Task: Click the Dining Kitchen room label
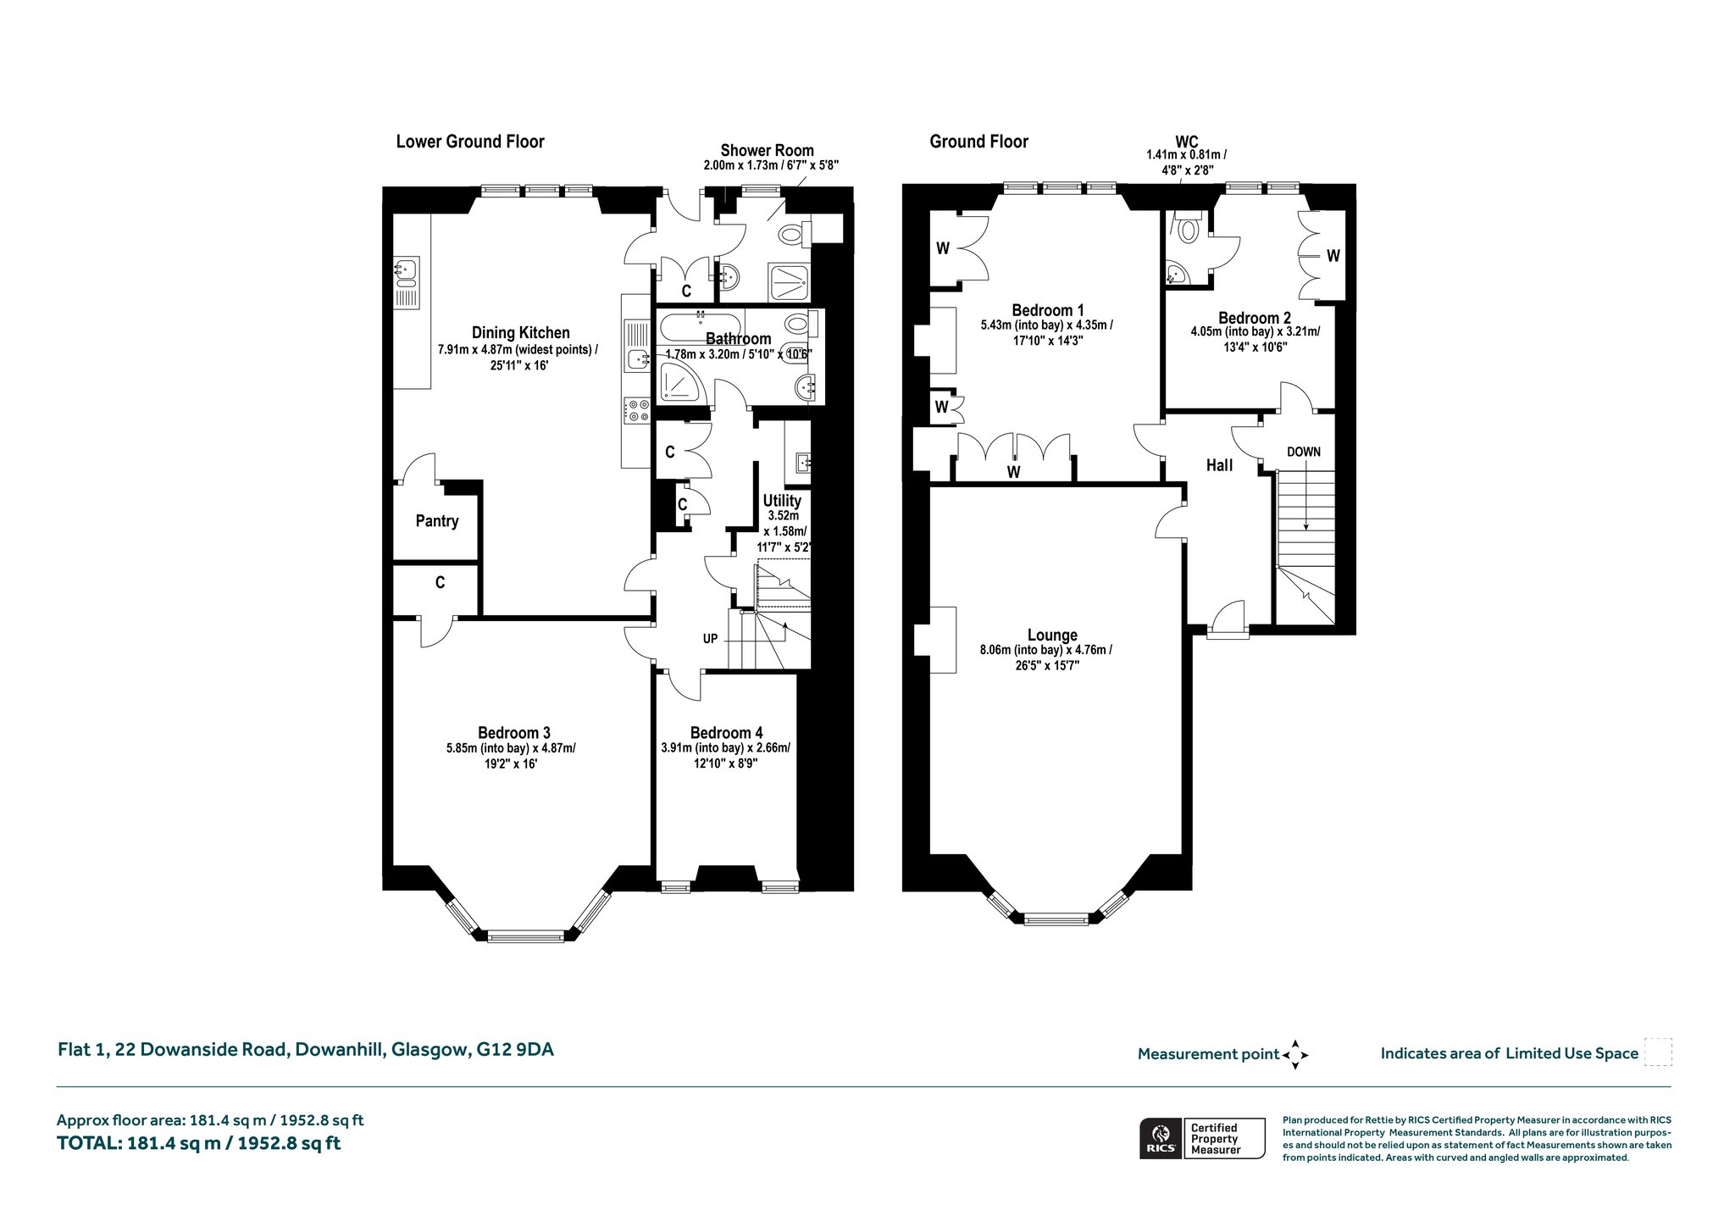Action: point(520,333)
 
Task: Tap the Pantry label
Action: point(437,521)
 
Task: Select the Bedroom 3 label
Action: point(514,733)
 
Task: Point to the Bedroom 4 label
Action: point(726,733)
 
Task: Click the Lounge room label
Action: point(1052,636)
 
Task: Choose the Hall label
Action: point(1219,465)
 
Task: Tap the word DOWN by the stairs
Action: point(1304,452)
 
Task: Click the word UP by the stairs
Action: point(710,638)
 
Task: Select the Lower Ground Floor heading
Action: point(470,142)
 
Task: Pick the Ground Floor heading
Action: point(978,142)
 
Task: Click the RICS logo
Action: point(1158,1138)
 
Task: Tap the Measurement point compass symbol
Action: point(1295,1055)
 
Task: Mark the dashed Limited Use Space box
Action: point(1657,1052)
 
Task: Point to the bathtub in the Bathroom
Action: point(701,326)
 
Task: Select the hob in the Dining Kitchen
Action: point(636,411)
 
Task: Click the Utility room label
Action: point(781,501)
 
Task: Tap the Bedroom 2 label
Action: point(1255,319)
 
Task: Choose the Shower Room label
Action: point(767,151)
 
